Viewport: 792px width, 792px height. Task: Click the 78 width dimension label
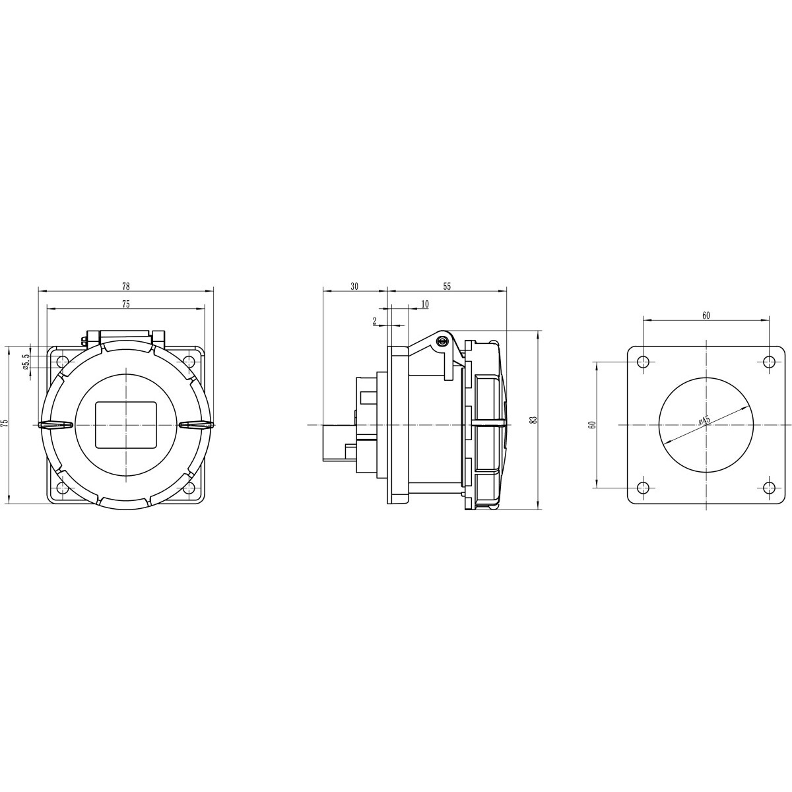[126, 286]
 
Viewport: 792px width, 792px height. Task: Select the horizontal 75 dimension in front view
[126, 304]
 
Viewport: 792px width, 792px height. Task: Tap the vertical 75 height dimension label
[5, 424]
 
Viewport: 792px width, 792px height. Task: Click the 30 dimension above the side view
[354, 286]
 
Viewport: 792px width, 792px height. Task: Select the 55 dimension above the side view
[447, 286]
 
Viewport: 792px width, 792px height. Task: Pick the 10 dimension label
[425, 304]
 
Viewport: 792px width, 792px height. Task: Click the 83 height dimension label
[533, 420]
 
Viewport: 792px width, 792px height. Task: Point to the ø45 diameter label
[704, 420]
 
